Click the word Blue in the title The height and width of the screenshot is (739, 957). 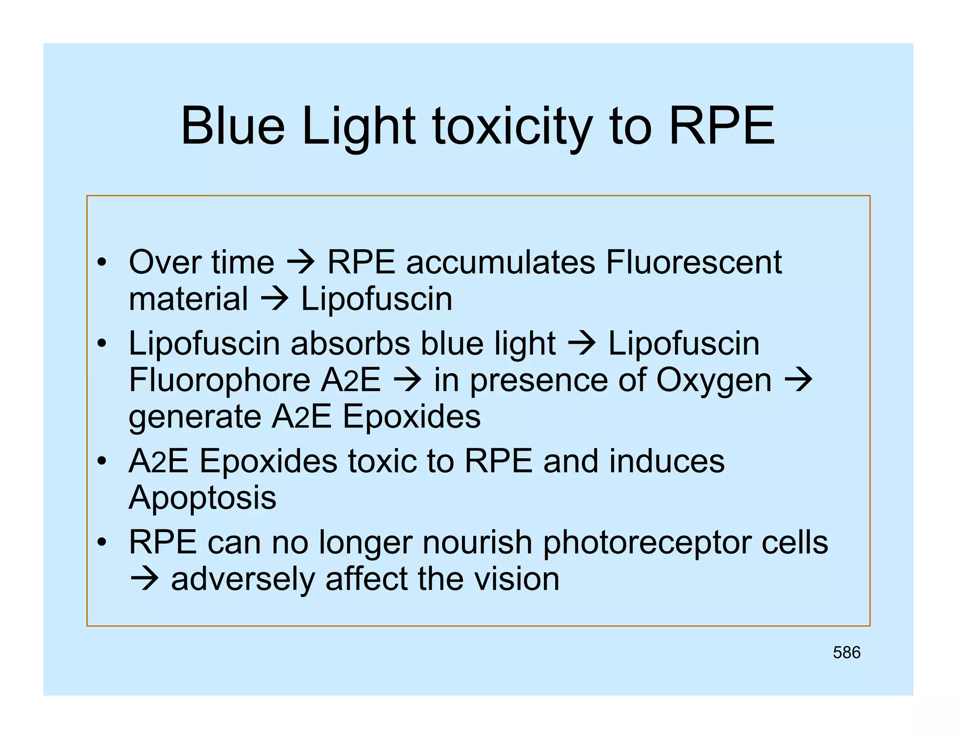[232, 126]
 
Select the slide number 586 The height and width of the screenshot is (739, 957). [846, 653]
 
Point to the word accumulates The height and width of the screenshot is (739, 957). [500, 263]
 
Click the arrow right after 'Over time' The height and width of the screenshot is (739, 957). [300, 263]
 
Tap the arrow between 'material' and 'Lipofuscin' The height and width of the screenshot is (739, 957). [274, 299]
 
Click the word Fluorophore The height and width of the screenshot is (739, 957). [220, 380]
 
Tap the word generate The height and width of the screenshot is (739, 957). [194, 418]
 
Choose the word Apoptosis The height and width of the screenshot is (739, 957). [202, 498]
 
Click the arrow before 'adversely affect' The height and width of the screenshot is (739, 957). [144, 580]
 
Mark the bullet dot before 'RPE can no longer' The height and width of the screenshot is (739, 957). [102, 543]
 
